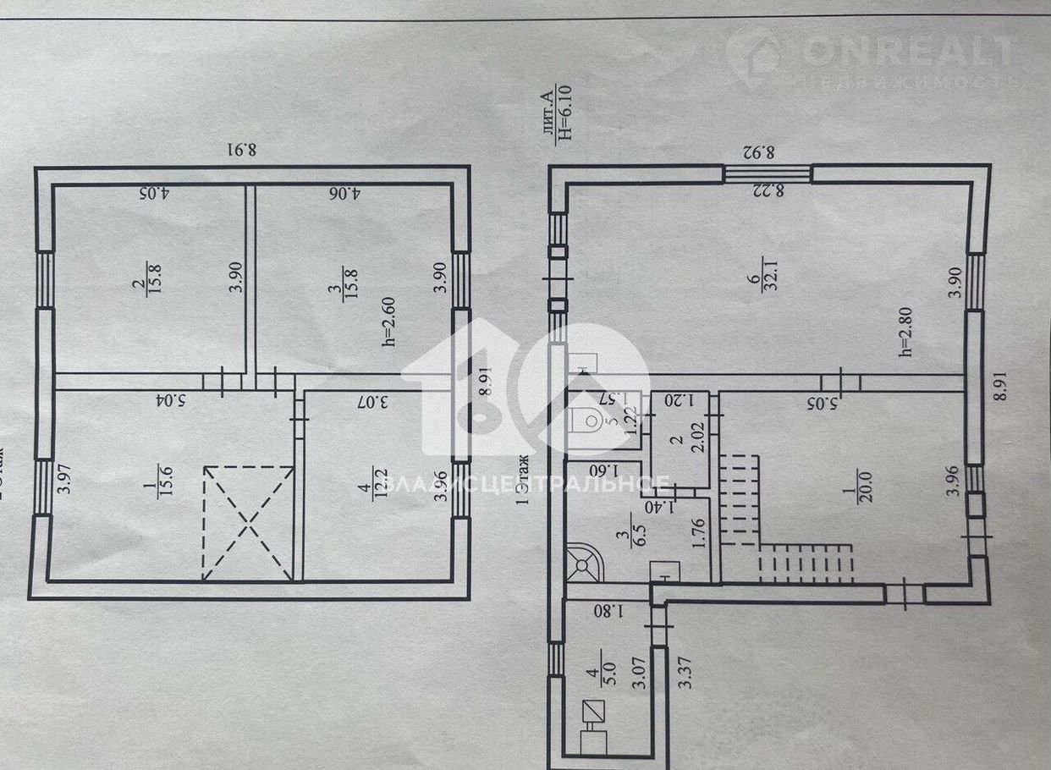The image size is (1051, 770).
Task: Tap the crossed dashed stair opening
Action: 248,522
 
